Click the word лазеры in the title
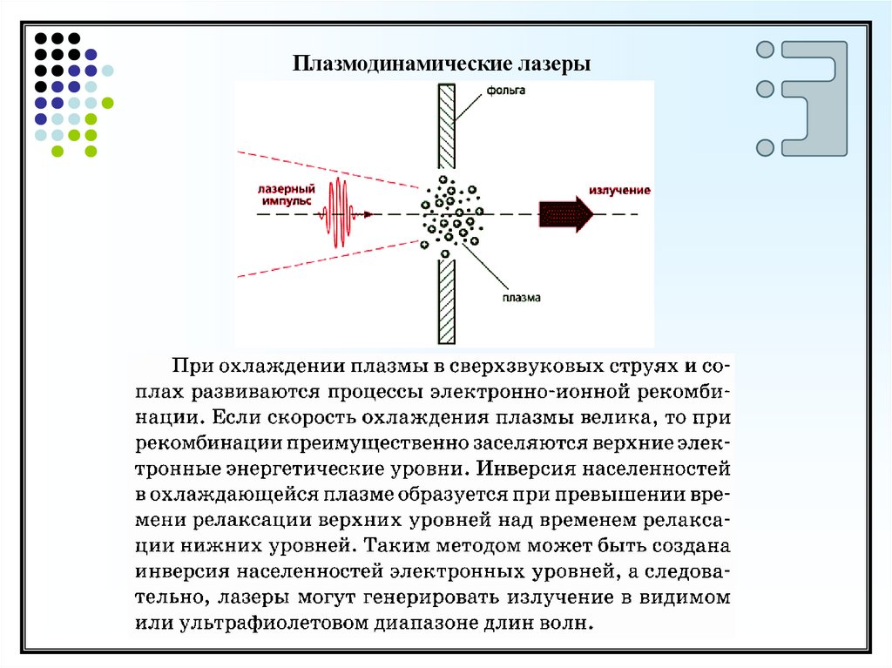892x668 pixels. (555, 64)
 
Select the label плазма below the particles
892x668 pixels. (522, 296)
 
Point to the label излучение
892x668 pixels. (619, 190)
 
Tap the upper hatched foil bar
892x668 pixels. (447, 126)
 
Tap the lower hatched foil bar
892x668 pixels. (447, 300)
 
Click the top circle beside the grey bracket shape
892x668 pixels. (765, 50)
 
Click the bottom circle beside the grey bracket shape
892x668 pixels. (765, 147)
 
